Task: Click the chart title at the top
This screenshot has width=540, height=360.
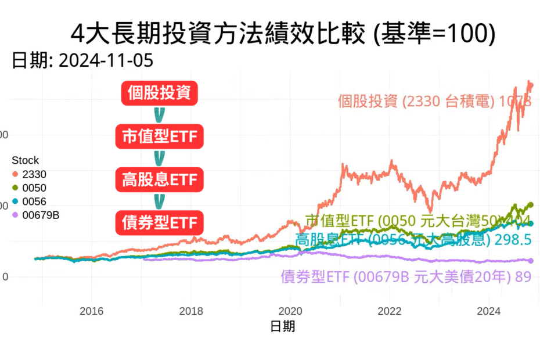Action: tap(283, 34)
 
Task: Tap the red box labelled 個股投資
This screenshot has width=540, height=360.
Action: tap(160, 93)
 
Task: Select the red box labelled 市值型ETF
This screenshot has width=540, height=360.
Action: tap(160, 136)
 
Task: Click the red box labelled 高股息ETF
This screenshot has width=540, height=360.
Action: tap(160, 179)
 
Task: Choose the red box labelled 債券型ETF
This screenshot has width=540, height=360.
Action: tap(160, 222)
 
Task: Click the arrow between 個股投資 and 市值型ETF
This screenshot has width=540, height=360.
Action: tap(160, 114)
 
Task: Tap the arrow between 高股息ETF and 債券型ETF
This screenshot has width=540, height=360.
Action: tap(160, 201)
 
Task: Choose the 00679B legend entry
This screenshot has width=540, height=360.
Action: tap(38, 215)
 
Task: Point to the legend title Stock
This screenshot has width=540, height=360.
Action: tap(26, 160)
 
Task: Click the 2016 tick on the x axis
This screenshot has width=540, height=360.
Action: tap(92, 311)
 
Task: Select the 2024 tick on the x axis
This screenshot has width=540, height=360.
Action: tap(489, 311)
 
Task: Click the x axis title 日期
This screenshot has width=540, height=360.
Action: tap(283, 326)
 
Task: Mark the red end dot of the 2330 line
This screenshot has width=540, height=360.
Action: tap(530, 86)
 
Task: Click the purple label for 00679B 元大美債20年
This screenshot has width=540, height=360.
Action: tap(405, 277)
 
